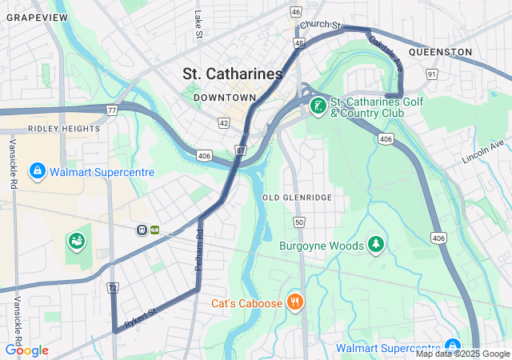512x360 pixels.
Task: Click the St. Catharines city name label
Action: [232, 74]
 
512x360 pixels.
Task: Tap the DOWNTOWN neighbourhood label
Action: [229, 98]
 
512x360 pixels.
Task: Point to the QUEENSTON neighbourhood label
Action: [440, 52]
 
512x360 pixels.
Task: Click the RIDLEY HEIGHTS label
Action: [64, 129]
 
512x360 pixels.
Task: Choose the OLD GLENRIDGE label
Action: [297, 197]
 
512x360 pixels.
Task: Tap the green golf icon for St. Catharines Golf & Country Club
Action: [318, 106]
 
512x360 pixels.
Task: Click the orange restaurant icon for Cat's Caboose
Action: [296, 302]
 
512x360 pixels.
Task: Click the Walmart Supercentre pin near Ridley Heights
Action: [37, 171]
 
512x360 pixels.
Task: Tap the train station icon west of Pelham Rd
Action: [142, 230]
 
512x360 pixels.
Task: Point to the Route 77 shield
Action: [111, 110]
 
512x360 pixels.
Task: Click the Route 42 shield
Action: [223, 123]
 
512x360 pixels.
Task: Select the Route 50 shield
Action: [298, 222]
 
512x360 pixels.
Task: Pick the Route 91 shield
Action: [432, 74]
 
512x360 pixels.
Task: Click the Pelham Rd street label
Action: [200, 250]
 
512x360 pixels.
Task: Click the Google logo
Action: [26, 350]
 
